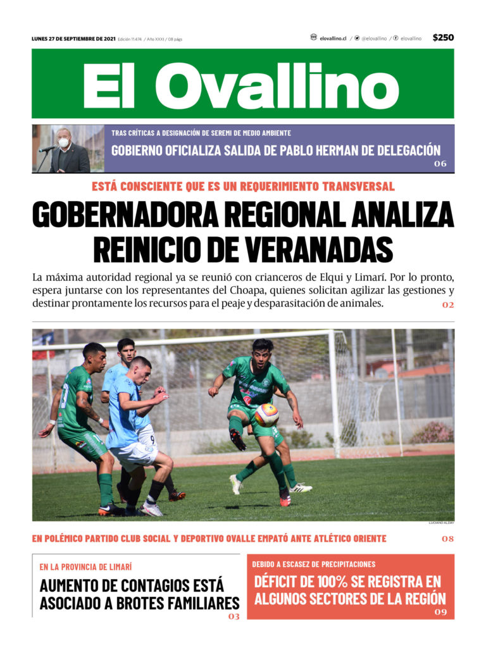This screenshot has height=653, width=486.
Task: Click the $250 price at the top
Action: [443, 38]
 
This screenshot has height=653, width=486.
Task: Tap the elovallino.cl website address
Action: [332, 39]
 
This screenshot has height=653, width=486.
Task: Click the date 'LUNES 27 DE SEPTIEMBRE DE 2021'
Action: [73, 39]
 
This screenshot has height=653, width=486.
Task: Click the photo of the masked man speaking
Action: [68, 149]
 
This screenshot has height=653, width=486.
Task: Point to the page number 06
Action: [440, 164]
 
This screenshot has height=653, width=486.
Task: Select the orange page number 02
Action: [447, 305]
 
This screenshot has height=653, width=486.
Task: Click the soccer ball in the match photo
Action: [266, 415]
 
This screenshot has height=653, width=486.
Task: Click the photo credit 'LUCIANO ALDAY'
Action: [441, 523]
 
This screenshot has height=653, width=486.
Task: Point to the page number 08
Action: [447, 539]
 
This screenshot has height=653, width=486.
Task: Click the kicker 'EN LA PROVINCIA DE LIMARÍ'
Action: [85, 566]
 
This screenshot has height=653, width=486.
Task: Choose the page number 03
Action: [234, 616]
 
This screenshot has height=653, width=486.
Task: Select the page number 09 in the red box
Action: [440, 612]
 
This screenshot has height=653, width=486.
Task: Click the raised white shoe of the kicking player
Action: [236, 484]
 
